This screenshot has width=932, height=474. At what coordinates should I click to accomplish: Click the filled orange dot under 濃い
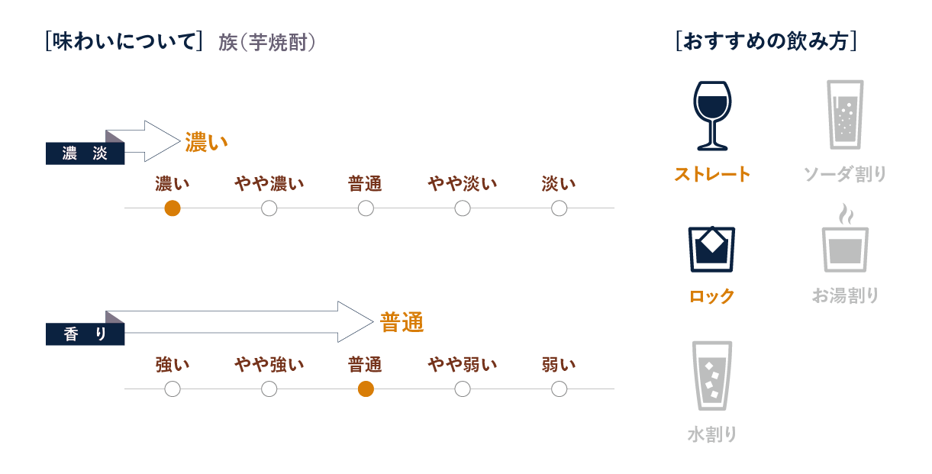173,208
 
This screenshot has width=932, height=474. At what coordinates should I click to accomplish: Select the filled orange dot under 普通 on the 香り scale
366,389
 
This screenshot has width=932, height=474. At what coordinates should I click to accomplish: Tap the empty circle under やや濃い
269,208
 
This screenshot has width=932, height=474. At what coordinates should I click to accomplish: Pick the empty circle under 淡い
560,208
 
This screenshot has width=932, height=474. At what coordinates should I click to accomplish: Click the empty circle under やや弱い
463,389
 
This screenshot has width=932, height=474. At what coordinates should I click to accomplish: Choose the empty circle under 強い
173,389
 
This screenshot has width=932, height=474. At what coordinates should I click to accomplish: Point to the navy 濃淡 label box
85,153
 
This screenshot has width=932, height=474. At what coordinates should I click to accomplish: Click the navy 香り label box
85,334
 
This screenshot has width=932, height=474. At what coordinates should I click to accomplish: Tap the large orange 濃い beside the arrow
206,142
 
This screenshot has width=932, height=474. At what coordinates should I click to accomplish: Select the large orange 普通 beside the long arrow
402,323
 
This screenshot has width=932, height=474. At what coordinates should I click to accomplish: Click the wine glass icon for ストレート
712,116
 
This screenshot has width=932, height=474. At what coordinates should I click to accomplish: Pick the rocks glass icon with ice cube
711,250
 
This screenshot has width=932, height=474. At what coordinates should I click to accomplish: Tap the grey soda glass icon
845,114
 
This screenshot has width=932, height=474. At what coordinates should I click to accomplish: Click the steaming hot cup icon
845,237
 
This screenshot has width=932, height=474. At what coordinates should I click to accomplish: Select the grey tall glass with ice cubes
712,376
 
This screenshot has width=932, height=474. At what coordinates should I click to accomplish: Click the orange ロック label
712,296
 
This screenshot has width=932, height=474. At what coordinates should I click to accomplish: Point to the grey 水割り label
712,434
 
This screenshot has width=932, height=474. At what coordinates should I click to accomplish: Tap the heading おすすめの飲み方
766,41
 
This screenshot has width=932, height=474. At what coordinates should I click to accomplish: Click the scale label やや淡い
463,183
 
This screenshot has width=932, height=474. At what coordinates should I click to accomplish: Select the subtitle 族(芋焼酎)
267,43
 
